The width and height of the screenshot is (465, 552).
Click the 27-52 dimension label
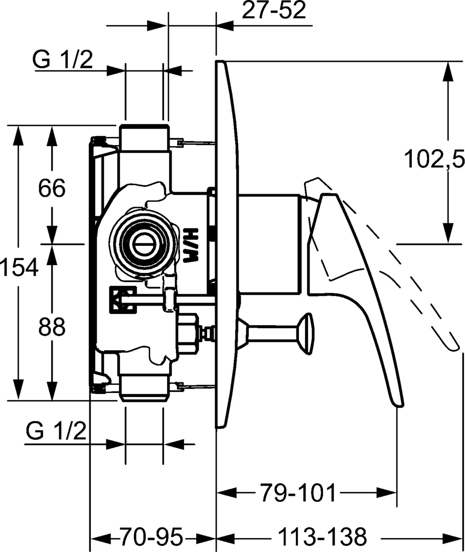[273, 11]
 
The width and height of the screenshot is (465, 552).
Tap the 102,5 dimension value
[434, 158]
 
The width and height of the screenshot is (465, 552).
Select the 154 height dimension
[19, 267]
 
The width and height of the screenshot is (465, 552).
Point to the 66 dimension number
[52, 188]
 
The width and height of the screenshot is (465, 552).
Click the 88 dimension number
[52, 327]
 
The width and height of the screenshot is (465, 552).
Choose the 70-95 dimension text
[151, 537]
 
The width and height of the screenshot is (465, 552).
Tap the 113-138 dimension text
[322, 537]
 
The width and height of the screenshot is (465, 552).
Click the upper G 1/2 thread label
[63, 59]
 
